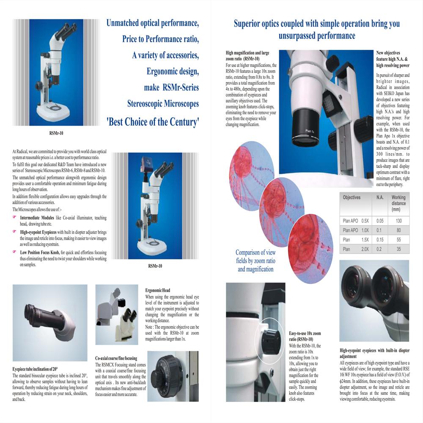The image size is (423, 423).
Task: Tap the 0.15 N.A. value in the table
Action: coord(379,240)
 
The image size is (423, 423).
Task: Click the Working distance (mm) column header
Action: coord(398,203)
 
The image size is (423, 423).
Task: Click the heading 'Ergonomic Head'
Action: coord(157,291)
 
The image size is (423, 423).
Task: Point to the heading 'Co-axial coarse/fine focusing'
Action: coord(117,358)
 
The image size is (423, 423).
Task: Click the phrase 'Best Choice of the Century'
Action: coord(153,123)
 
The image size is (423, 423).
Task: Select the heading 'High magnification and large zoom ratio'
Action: coord(250,55)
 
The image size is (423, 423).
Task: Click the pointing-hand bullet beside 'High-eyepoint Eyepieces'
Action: coord(15,232)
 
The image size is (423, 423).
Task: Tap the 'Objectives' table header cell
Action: coord(352,198)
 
